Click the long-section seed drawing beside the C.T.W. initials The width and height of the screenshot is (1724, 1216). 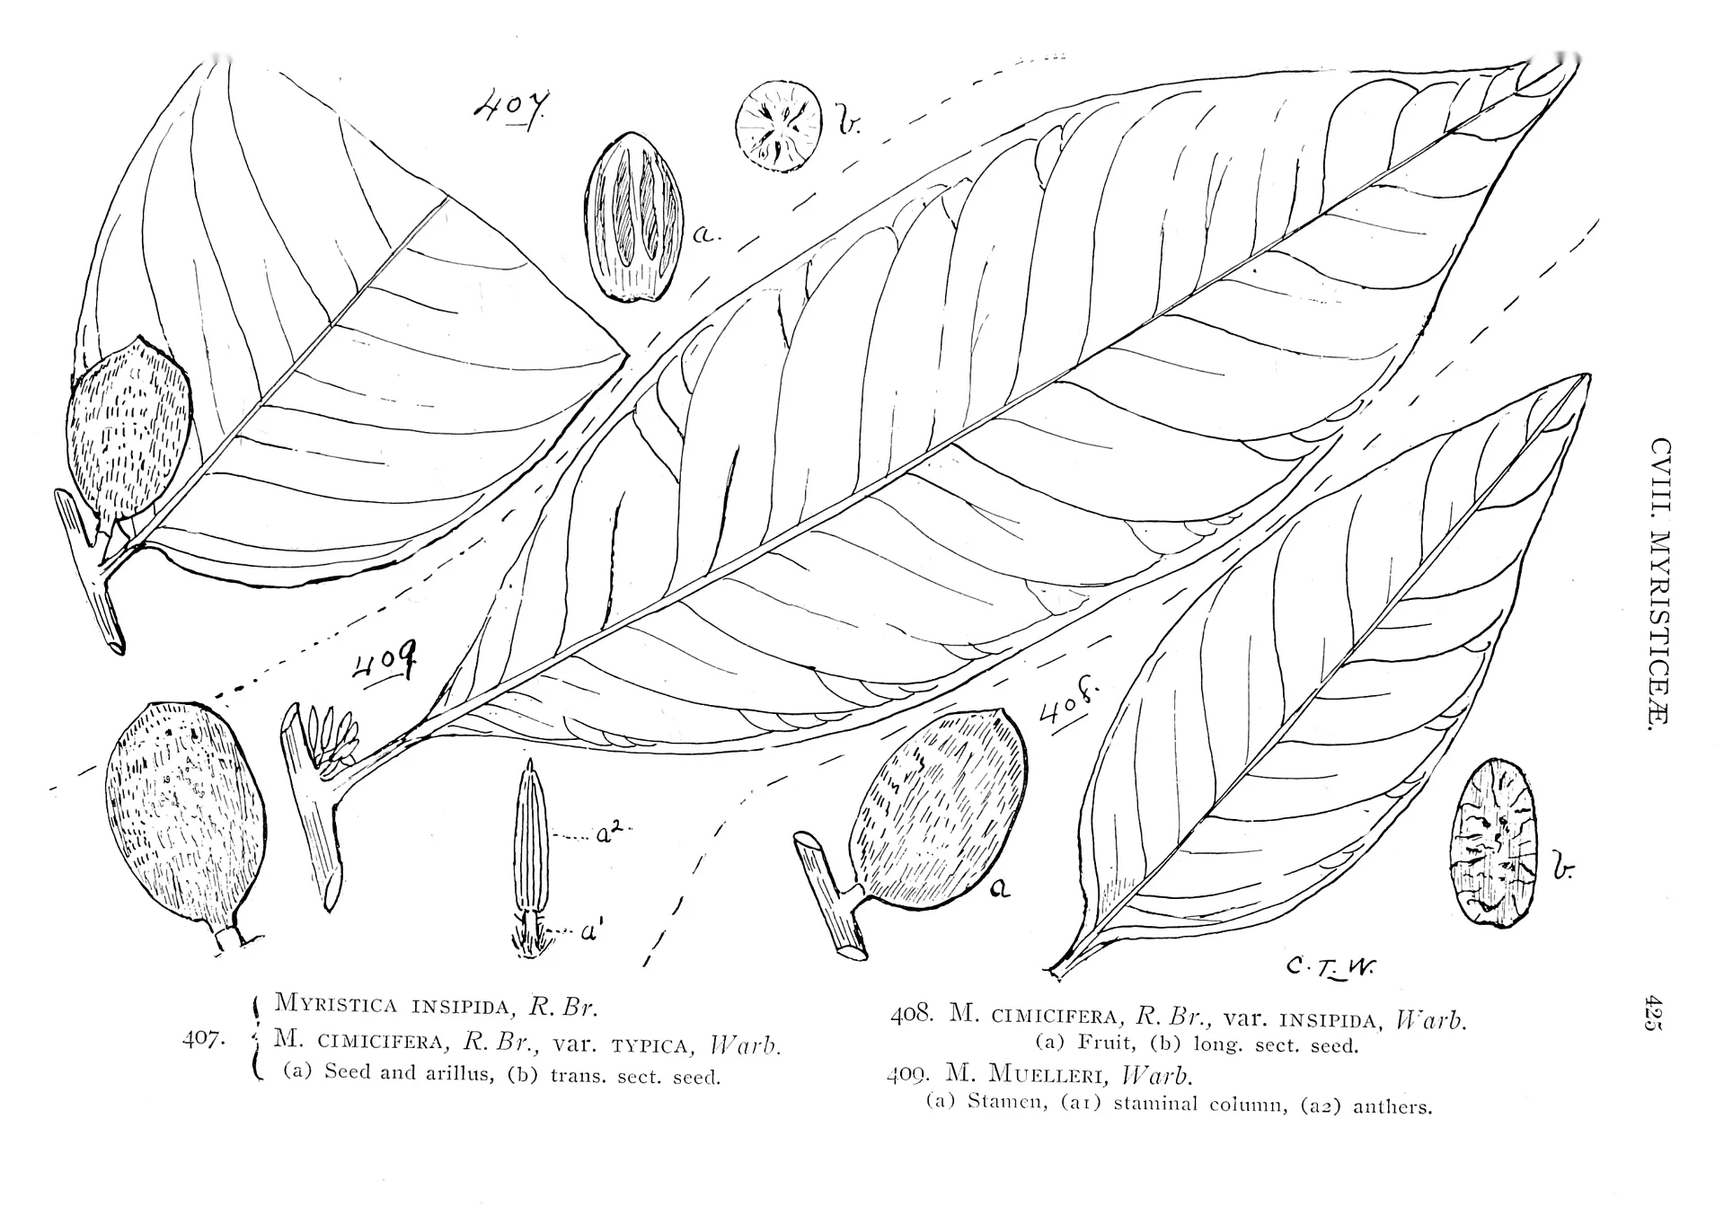(x=1497, y=842)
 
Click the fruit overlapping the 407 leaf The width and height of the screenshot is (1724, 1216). (x=128, y=430)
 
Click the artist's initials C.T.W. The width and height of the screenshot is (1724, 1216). (x=1331, y=966)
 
